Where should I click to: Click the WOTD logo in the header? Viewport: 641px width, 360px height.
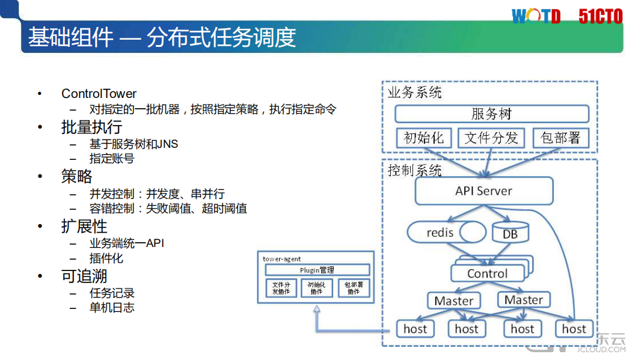click(536, 16)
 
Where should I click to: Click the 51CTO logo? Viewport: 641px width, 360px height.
click(600, 16)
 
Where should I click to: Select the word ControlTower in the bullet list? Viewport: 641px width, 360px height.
click(99, 94)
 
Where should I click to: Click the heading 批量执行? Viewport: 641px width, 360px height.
click(91, 127)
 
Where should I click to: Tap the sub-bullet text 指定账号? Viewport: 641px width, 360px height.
click(112, 159)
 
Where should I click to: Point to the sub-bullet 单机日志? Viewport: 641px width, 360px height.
click(112, 308)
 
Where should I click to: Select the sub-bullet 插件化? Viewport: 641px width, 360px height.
click(106, 258)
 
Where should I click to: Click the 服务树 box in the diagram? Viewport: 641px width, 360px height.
click(491, 114)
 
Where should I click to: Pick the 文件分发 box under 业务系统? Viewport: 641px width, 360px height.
click(491, 138)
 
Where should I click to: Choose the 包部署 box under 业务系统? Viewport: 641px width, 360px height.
click(560, 138)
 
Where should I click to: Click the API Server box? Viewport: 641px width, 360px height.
click(483, 191)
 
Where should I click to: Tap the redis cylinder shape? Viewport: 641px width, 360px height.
click(445, 233)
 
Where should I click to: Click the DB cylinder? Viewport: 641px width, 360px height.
click(510, 233)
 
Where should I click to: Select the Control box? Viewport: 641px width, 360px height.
click(487, 274)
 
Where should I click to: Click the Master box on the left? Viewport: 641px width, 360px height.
click(453, 301)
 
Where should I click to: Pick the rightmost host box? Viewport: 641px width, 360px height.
click(574, 329)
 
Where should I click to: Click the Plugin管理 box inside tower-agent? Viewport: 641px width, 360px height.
click(317, 270)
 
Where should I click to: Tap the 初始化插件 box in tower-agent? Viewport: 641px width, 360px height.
click(317, 288)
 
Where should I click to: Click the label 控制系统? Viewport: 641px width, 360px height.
click(415, 171)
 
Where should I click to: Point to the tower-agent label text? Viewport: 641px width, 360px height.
click(282, 259)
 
